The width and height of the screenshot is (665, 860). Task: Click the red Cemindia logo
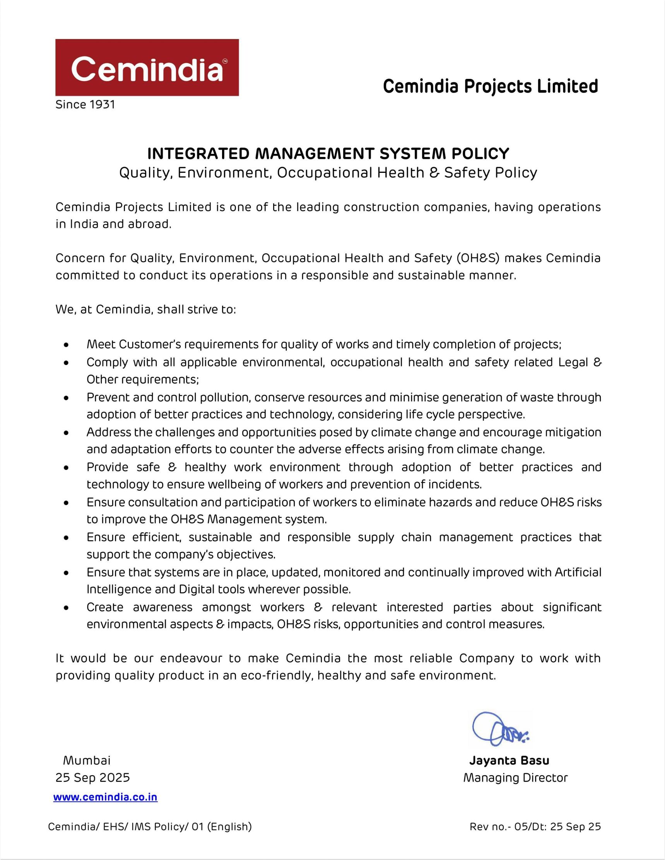[147, 67]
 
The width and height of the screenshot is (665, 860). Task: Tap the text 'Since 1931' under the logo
[85, 105]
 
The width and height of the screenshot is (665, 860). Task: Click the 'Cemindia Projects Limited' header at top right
[491, 86]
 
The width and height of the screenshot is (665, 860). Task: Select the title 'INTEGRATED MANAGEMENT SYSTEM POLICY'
[328, 153]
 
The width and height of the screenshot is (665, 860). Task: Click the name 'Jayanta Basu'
[509, 760]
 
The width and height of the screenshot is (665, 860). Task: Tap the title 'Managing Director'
[515, 778]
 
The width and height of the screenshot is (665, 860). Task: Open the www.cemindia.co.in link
[105, 797]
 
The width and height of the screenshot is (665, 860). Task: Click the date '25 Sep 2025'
[92, 777]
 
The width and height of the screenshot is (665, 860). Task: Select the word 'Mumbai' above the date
[87, 760]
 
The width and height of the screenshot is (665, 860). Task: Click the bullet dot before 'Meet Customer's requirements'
[67, 345]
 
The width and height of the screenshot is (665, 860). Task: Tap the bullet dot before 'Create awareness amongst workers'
[67, 607]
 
